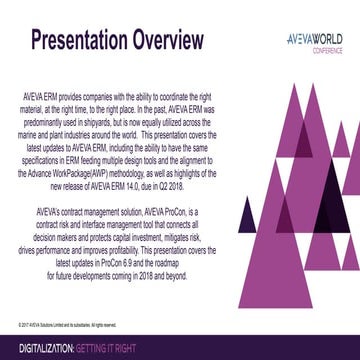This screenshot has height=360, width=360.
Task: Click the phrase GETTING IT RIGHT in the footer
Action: [x=117, y=347]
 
